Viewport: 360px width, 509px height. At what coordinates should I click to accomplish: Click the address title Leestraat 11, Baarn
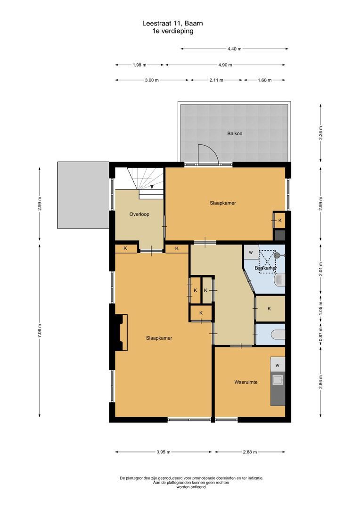pyautogui.click(x=173, y=23)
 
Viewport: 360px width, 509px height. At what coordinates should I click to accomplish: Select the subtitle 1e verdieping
pyautogui.click(x=173, y=31)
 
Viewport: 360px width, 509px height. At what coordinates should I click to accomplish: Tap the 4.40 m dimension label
pyautogui.click(x=234, y=49)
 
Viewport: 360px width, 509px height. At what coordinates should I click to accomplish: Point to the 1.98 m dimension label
pyautogui.click(x=139, y=65)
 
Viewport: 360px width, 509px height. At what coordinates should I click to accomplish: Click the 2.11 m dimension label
pyautogui.click(x=216, y=80)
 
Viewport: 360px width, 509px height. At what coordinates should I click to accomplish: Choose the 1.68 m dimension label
pyautogui.click(x=264, y=80)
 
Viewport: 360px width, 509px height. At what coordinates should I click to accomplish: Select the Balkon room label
pyautogui.click(x=234, y=133)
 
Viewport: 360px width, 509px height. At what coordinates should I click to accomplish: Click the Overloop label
pyautogui.click(x=139, y=214)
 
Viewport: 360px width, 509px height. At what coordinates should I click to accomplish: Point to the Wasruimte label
pyautogui.click(x=246, y=382)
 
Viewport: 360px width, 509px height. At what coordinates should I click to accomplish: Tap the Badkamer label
pyautogui.click(x=265, y=268)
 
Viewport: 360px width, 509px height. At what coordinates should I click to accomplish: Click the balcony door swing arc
pyautogui.click(x=208, y=154)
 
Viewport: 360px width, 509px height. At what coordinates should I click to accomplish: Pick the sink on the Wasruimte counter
pyautogui.click(x=278, y=379)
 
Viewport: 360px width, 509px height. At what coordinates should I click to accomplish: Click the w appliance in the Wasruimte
pyautogui.click(x=278, y=365)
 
